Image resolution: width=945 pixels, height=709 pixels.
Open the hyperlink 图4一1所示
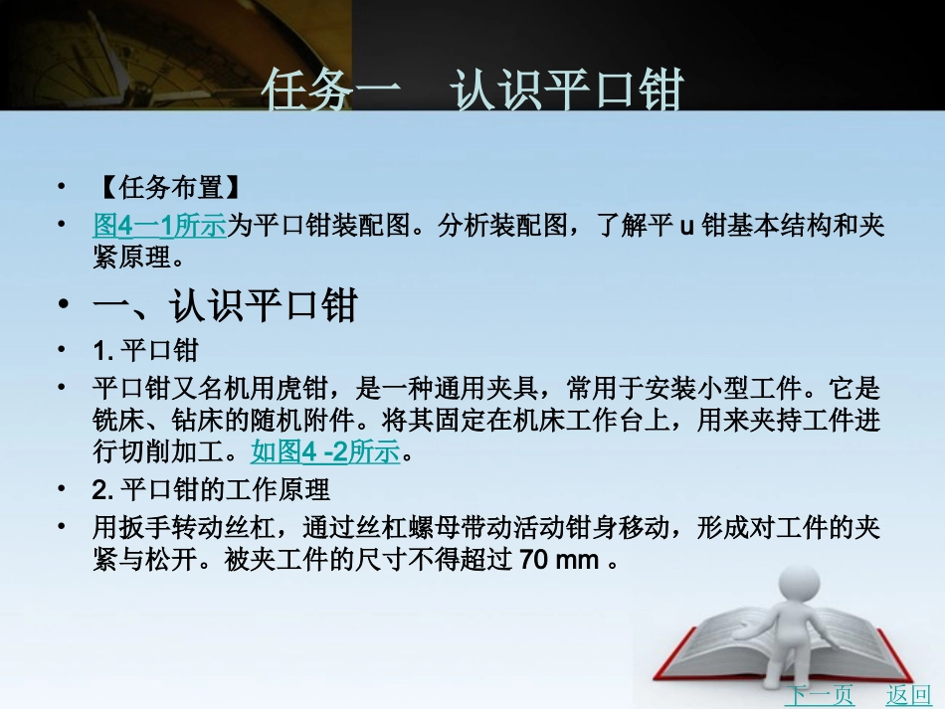pos(159,226)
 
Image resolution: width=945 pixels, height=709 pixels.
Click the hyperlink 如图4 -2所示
pos(324,453)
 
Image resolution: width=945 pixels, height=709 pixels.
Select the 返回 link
pos(907,694)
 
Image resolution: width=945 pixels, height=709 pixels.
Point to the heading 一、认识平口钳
pos(225,306)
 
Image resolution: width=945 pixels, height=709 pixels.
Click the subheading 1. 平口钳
pos(145,351)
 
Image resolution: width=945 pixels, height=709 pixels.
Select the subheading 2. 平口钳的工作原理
pos(211,489)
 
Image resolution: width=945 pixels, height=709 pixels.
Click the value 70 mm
pos(559,560)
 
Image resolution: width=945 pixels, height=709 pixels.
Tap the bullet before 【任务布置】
pos(66,187)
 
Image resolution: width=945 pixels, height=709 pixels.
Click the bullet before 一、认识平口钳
pos(66,306)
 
